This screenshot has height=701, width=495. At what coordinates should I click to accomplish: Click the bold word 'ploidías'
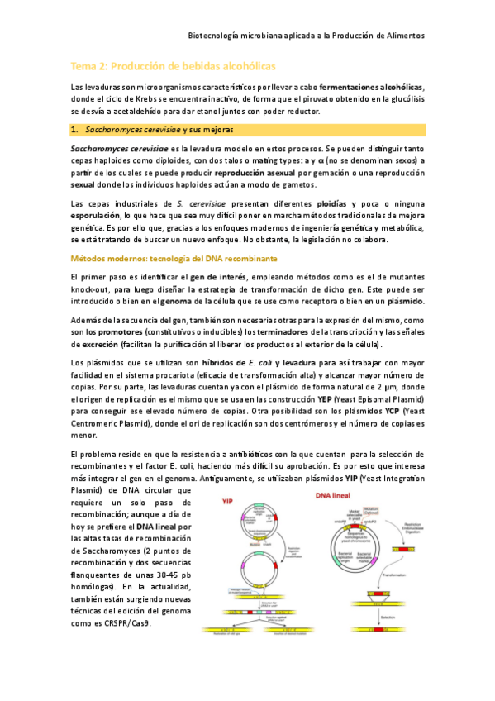click(x=331, y=203)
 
